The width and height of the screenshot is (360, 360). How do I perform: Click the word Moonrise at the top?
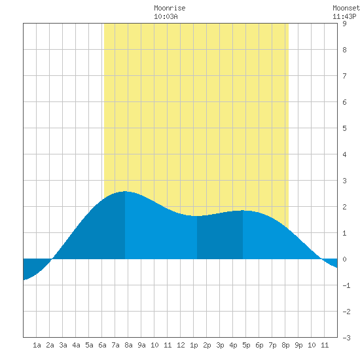(170, 8)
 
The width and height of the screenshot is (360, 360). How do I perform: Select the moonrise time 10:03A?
(166, 16)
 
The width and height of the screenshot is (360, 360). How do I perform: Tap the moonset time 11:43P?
(344, 16)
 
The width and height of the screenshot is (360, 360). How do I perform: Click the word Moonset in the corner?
(346, 8)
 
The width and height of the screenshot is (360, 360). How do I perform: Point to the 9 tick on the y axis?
(344, 24)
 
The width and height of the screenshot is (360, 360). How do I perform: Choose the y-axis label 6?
(344, 102)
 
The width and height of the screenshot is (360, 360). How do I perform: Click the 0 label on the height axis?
(344, 259)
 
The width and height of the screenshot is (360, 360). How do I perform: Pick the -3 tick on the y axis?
(346, 338)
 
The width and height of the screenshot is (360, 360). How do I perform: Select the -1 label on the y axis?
(346, 285)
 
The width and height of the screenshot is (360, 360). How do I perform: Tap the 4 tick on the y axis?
(344, 154)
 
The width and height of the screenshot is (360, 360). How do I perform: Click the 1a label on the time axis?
(37, 345)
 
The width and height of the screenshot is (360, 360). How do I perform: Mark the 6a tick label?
(102, 345)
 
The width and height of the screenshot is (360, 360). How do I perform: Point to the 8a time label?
(128, 345)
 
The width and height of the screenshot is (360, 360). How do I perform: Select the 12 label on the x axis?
(181, 345)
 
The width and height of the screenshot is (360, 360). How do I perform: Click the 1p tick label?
(194, 345)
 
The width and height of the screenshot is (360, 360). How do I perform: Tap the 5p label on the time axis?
(246, 345)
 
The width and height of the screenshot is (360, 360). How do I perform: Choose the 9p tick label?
(298, 345)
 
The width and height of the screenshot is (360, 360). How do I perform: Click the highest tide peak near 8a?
(125, 191)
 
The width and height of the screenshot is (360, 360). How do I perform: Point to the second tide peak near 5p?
(243, 211)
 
